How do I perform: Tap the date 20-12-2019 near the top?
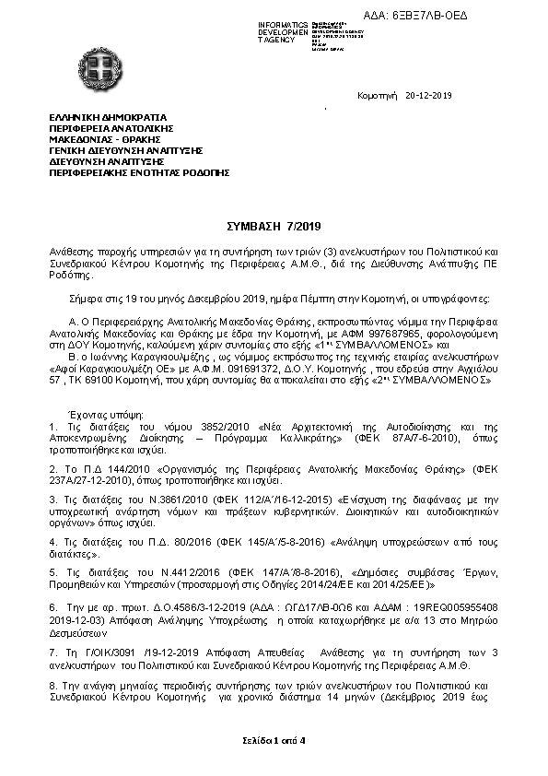click(428, 96)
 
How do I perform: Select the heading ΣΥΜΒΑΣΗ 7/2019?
click(274, 227)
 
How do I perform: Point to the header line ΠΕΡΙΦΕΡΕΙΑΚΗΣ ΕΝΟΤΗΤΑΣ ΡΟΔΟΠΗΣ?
click(139, 172)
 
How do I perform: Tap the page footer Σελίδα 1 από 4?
click(274, 740)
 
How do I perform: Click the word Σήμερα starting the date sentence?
click(87, 300)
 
